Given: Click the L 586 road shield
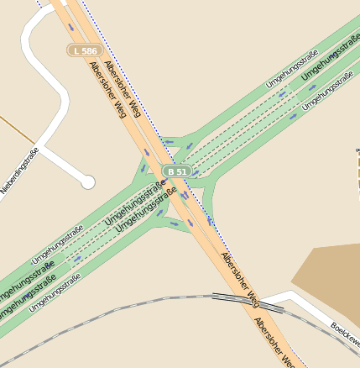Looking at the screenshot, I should (x=85, y=51).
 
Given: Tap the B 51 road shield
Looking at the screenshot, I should (x=177, y=171).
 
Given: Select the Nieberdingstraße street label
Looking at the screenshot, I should (x=18, y=171).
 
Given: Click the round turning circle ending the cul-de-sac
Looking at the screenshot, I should (x=87, y=181).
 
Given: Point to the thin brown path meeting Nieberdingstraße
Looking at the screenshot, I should (x=17, y=130).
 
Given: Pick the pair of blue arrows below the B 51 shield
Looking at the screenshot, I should (x=184, y=196).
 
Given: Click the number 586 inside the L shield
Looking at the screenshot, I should (x=89, y=51).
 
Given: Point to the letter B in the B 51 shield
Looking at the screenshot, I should (x=170, y=171).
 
